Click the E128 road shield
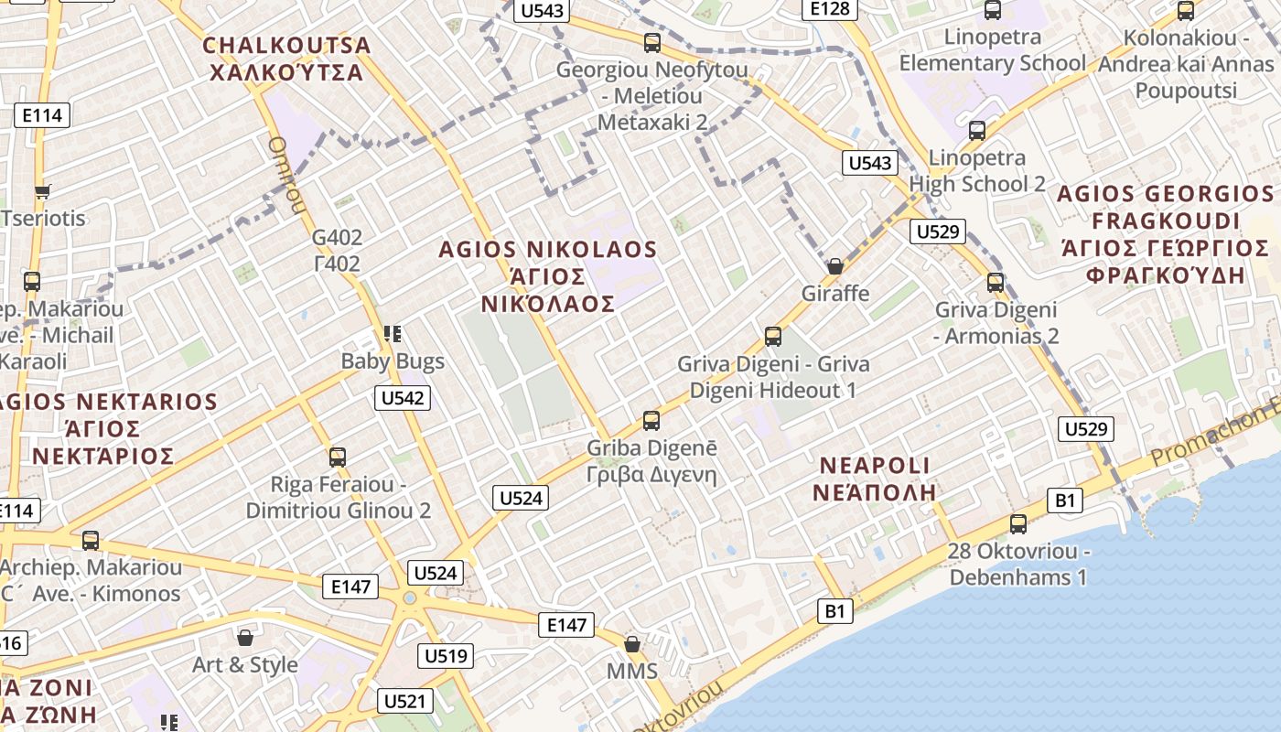pyautogui.click(x=831, y=9)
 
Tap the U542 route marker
pyautogui.click(x=403, y=397)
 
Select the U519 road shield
pyautogui.click(x=447, y=655)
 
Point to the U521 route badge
pyautogui.click(x=405, y=702)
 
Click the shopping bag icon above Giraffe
pyautogui.click(x=834, y=266)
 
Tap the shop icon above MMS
pyautogui.click(x=631, y=644)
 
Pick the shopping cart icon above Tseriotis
pyautogui.click(x=42, y=191)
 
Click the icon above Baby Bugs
pyautogui.click(x=393, y=334)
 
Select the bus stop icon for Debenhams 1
pyautogui.click(x=1017, y=524)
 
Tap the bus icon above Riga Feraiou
pyautogui.click(x=338, y=457)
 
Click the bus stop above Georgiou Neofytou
pyautogui.click(x=652, y=42)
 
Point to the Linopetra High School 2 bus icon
pyautogui.click(x=977, y=131)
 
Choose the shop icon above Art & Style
pyautogui.click(x=245, y=637)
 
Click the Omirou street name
pyautogui.click(x=286, y=174)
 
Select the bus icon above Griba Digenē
pyautogui.click(x=651, y=421)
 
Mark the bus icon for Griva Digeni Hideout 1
pyautogui.click(x=773, y=337)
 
